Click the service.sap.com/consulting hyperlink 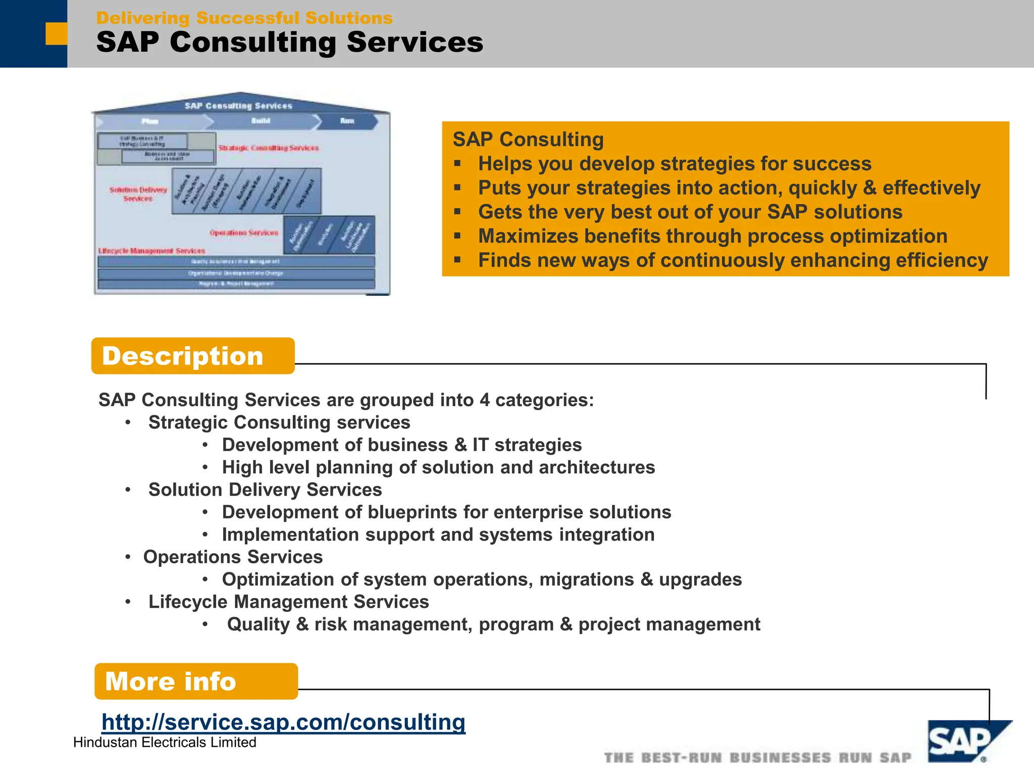point(283,722)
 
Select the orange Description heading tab point(192,356)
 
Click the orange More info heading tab point(196,682)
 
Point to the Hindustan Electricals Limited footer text point(165,743)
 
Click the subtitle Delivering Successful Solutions point(244,18)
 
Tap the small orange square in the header point(56,33)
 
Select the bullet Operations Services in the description point(233,557)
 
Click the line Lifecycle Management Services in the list point(288,602)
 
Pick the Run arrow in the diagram point(348,121)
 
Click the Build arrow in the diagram point(261,121)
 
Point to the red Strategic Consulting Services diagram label point(269,148)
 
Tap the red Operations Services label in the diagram point(244,233)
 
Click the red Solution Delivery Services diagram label point(138,194)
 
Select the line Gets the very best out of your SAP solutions point(690,212)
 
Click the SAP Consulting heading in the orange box point(528,139)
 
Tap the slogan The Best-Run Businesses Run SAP point(757,758)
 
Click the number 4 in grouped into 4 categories point(485,400)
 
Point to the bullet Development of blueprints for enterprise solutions point(446,512)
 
